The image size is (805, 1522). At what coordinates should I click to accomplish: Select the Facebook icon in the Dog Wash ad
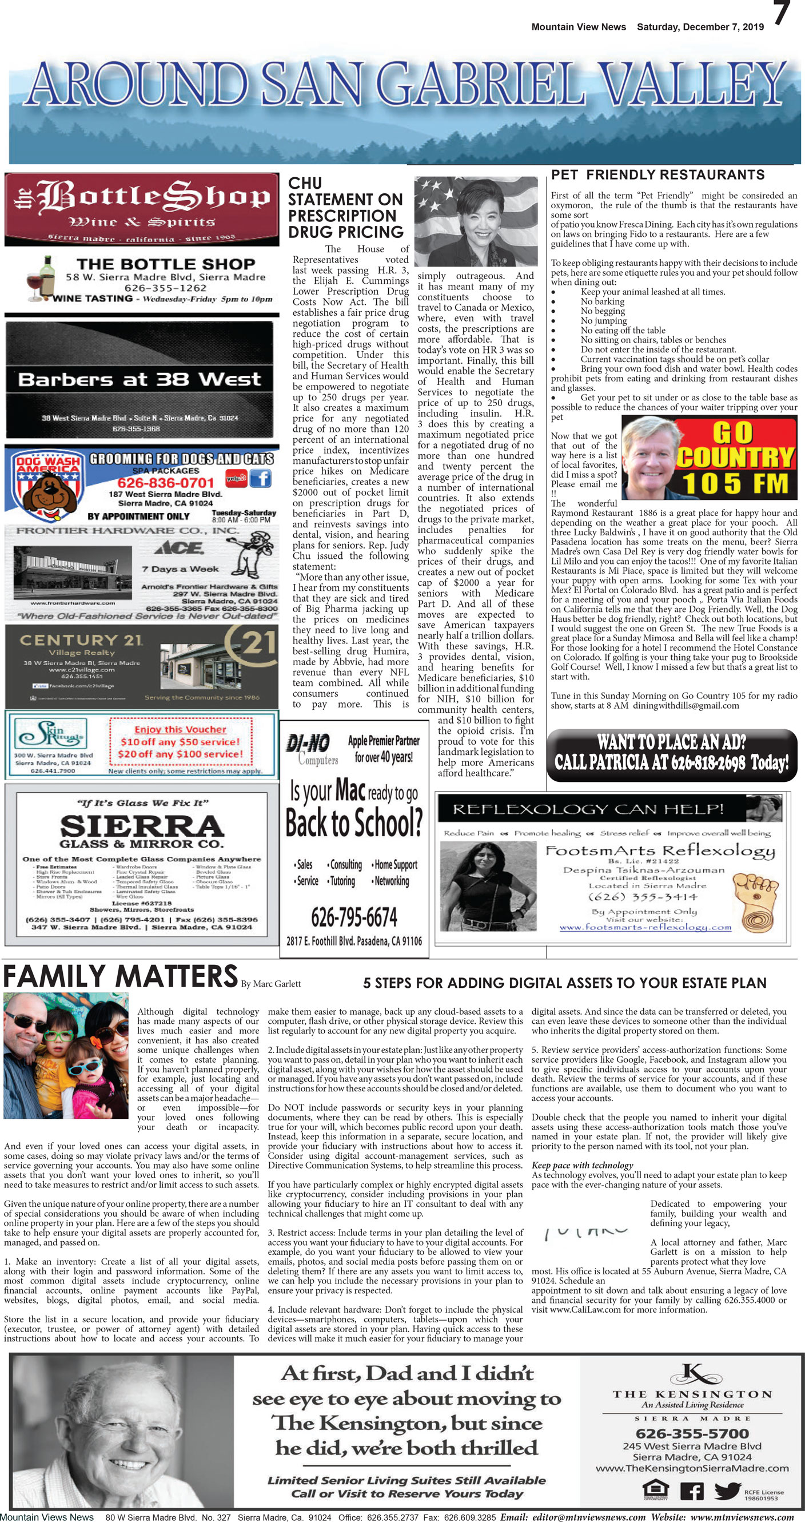(x=261, y=478)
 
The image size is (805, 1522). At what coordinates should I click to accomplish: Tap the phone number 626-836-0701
(x=165, y=483)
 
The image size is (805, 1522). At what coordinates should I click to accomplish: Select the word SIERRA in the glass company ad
(x=142, y=825)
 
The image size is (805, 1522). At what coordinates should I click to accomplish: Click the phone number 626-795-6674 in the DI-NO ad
(x=354, y=917)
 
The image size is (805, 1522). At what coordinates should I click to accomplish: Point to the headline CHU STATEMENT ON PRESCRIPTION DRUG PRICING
(x=345, y=208)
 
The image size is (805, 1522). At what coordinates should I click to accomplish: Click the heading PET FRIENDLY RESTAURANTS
(x=657, y=175)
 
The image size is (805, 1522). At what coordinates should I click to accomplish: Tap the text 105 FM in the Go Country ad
(x=735, y=483)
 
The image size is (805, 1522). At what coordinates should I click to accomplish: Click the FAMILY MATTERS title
(x=121, y=977)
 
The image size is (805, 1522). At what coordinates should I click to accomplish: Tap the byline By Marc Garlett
(x=271, y=984)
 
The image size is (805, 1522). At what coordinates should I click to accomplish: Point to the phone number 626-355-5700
(x=692, y=1433)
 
